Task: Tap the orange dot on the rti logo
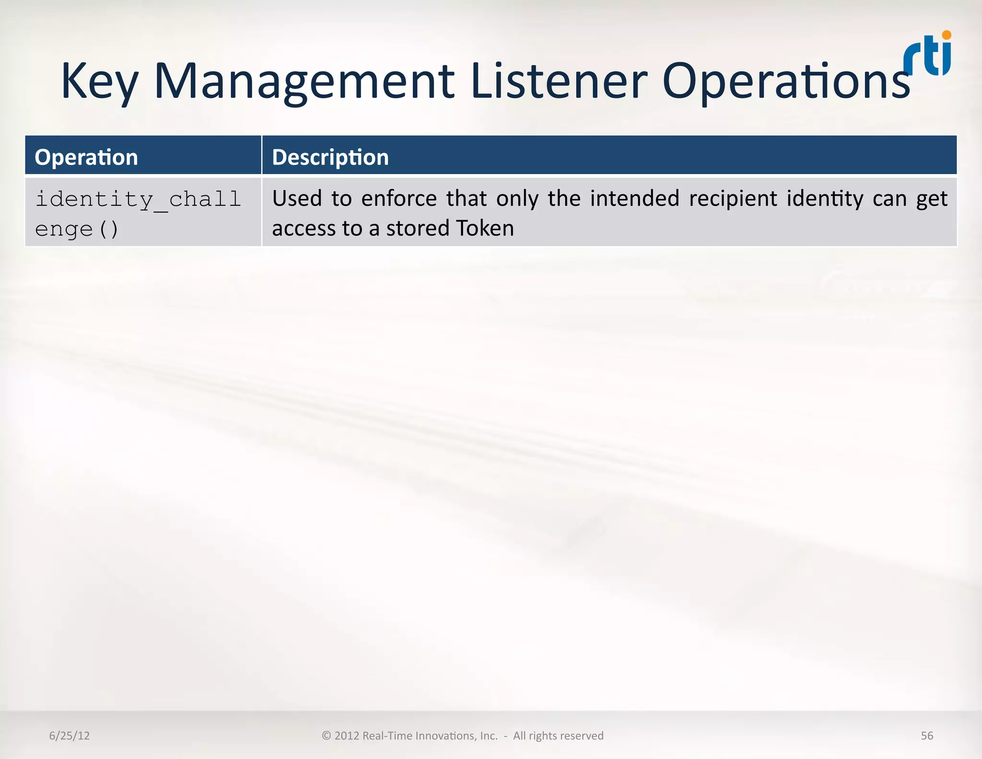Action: (x=947, y=35)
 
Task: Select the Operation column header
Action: (x=86, y=157)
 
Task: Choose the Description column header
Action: (x=330, y=157)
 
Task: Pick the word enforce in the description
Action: (x=399, y=199)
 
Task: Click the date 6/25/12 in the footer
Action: (x=69, y=735)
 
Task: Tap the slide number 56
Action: (x=927, y=735)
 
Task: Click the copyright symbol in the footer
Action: (x=327, y=735)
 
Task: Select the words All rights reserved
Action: (x=558, y=735)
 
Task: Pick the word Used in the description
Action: (x=297, y=199)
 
